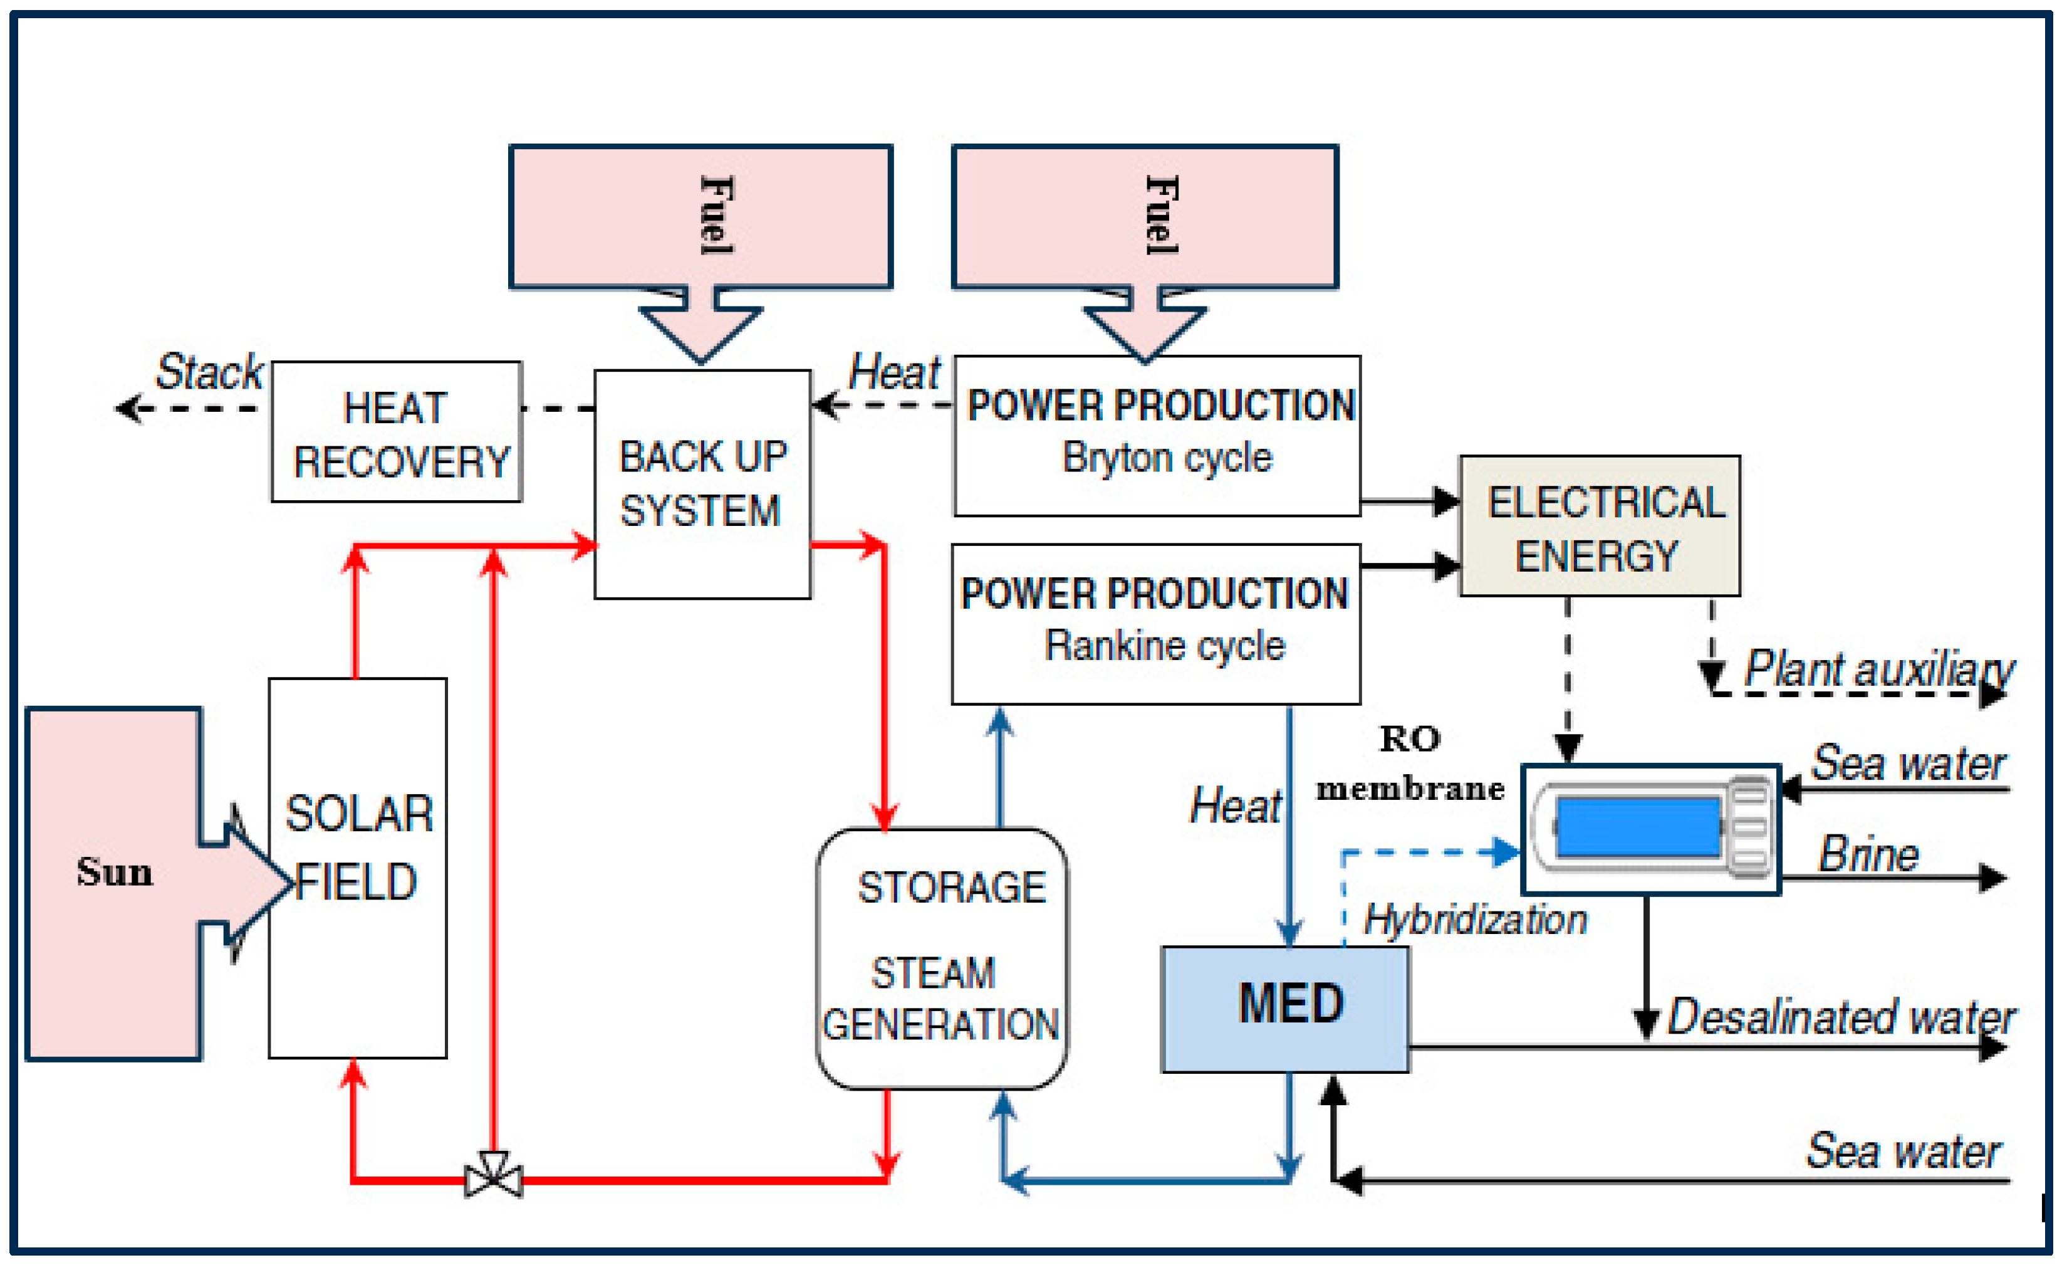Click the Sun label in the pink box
coord(115,872)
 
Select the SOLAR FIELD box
coord(358,868)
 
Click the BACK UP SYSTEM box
coord(702,485)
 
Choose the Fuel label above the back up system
coord(716,215)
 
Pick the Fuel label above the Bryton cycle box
coord(1162,215)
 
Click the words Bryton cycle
coord(1167,458)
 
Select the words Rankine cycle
coord(1165,646)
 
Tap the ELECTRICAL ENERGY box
coord(1600,527)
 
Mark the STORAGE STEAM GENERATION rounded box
coord(942,958)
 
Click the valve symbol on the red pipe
coord(494,1174)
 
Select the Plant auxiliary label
coord(1878,669)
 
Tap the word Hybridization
coord(1475,919)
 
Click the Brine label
coord(1868,855)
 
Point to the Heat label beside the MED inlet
coord(1235,806)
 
